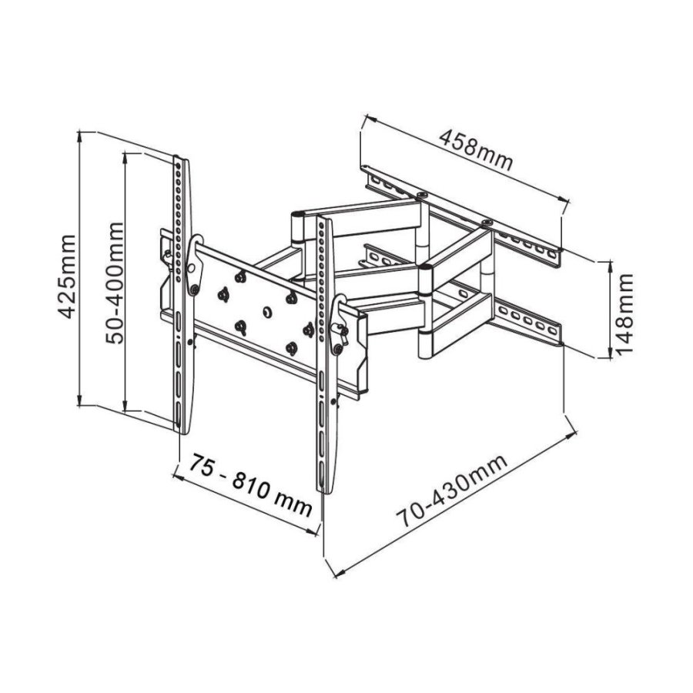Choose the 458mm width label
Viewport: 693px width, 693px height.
pyautogui.click(x=475, y=151)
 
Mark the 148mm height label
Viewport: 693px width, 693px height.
pyautogui.click(x=623, y=310)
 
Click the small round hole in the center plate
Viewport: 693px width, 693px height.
pyautogui.click(x=266, y=312)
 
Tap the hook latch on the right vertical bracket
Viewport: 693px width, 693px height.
pyautogui.click(x=337, y=327)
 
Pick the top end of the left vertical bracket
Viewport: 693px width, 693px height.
pyautogui.click(x=180, y=159)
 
